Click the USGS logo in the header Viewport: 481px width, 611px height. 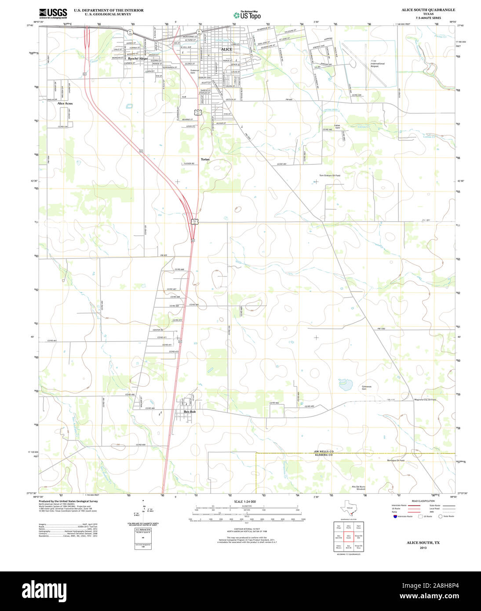[53, 13]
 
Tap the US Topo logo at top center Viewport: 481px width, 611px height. [247, 15]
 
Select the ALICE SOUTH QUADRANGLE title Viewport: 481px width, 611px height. [428, 10]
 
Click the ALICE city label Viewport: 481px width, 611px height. [226, 49]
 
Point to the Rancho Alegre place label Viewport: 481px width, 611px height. [138, 58]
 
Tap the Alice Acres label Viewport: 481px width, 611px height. [65, 103]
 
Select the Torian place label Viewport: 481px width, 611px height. [205, 159]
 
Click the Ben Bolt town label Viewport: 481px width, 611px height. [189, 411]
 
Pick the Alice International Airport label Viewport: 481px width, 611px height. [377, 64]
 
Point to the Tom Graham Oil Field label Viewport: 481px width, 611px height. [330, 175]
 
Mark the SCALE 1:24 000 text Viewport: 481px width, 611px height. [245, 502]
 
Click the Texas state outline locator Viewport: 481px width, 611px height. [349, 509]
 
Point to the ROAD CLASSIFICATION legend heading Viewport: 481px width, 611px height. [423, 501]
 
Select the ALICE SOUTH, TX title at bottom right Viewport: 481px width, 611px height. [423, 543]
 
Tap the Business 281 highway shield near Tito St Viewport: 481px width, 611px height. [199, 112]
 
